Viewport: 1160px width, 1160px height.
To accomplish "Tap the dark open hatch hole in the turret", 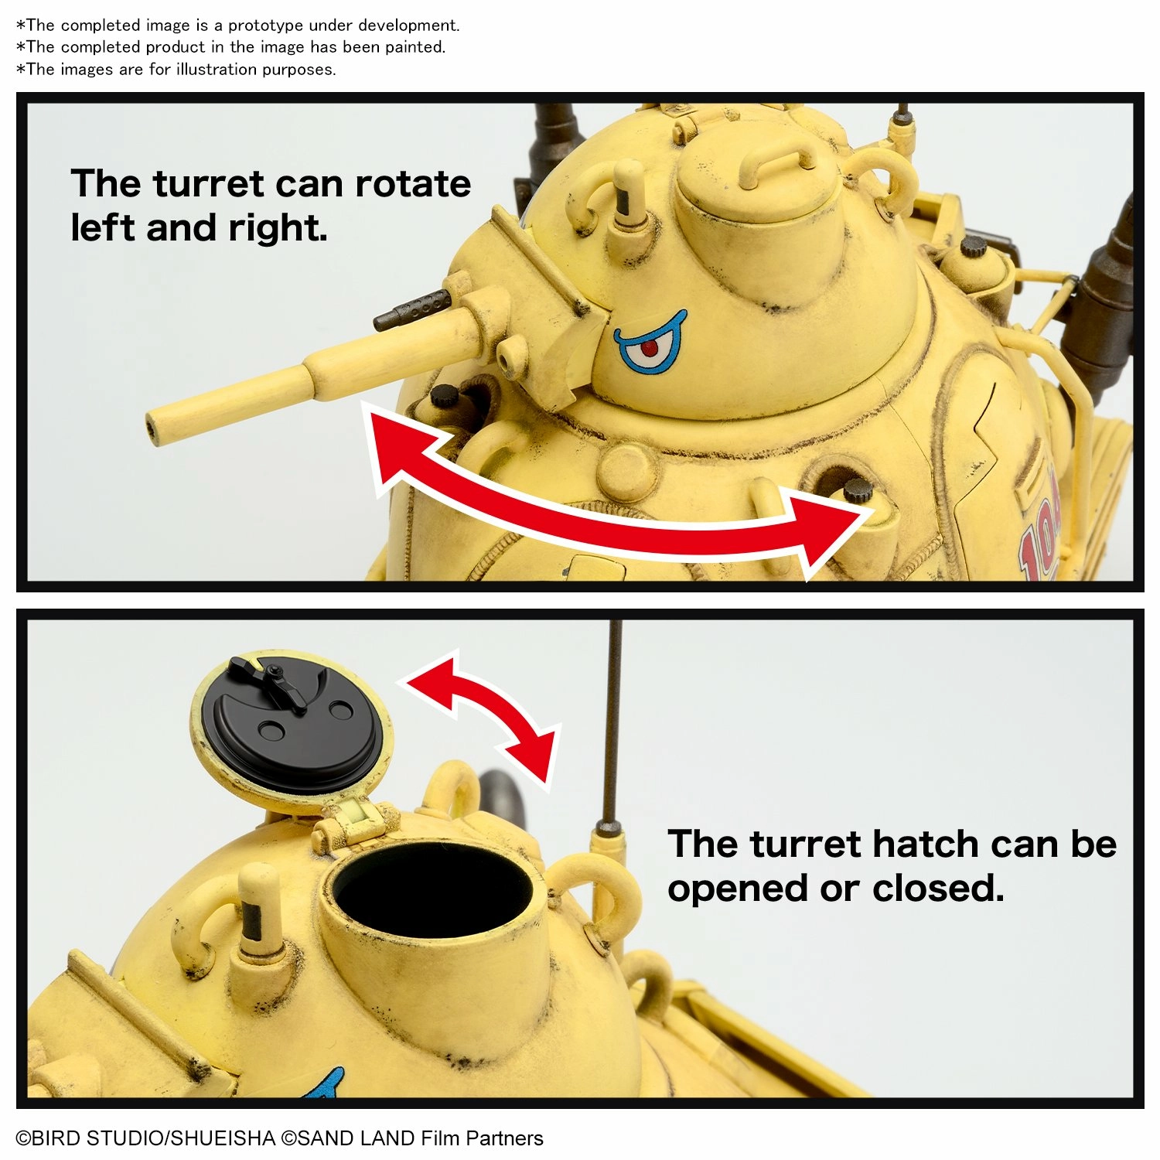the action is point(433,889).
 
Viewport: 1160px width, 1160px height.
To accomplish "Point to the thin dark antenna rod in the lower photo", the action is point(612,723).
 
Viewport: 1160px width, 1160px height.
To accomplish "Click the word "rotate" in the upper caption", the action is point(413,184).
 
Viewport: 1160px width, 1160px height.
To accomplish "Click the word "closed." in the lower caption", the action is point(938,889).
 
